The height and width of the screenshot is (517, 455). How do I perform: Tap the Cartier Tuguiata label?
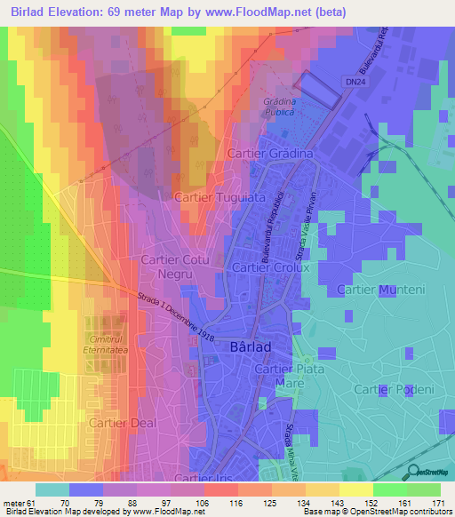[220, 198]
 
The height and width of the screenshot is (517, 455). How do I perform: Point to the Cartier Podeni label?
[394, 389]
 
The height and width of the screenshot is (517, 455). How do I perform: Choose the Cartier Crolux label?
[268, 267]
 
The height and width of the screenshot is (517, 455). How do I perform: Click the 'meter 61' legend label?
[19, 502]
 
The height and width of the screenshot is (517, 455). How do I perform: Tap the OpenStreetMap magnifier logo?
[413, 472]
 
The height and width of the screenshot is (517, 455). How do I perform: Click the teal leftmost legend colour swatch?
[52, 489]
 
